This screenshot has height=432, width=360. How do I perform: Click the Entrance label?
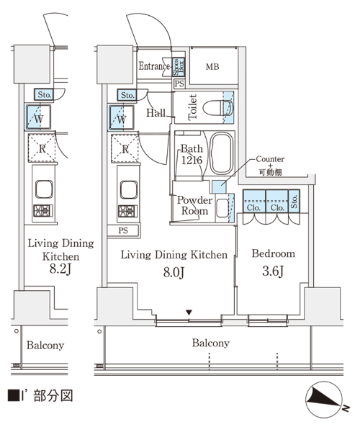tap(154, 66)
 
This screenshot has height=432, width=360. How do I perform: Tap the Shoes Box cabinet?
tap(179, 67)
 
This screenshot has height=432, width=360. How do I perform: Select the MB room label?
tap(212, 67)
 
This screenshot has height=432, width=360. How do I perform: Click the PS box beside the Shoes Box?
tap(179, 84)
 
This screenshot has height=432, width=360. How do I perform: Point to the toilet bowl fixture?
tap(218, 108)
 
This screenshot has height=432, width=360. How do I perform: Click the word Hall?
tap(156, 113)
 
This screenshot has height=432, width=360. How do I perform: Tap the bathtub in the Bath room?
tap(221, 153)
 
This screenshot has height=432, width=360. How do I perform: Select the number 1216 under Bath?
tap(192, 160)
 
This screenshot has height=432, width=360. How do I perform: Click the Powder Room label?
tap(194, 205)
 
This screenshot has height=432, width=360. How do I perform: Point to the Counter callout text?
tap(270, 159)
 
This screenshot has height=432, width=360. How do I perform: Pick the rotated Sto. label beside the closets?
tap(294, 202)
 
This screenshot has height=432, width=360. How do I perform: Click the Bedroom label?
tap(273, 253)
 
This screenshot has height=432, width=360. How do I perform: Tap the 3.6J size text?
tap(273, 271)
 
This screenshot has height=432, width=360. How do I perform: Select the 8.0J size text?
tap(174, 272)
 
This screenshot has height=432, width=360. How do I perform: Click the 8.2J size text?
tap(60, 269)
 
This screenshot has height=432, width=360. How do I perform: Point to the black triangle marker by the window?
tap(189, 312)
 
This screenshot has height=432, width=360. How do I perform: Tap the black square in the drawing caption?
tap(13, 395)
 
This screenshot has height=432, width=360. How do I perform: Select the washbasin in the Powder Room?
tap(222, 208)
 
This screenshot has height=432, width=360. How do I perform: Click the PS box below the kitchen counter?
tap(123, 230)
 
